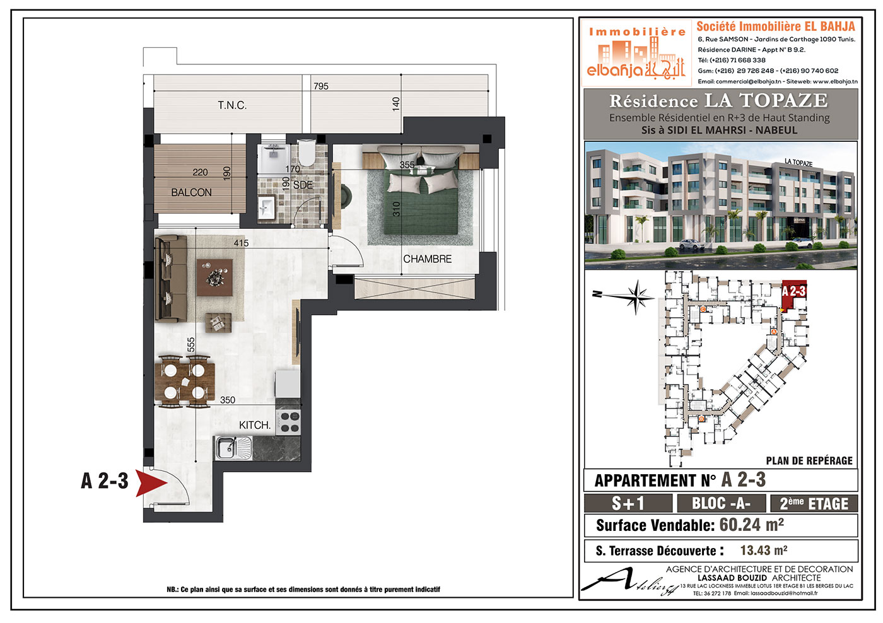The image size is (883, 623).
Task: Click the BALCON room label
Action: click(191, 192)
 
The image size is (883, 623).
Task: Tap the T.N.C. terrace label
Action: click(232, 105)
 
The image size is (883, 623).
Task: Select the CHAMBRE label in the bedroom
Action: click(428, 259)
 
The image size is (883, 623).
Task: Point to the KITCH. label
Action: click(255, 425)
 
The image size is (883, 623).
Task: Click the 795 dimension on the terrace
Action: click(321, 86)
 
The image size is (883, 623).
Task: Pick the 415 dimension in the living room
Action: click(241, 243)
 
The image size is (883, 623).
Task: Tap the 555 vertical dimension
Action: click(190, 344)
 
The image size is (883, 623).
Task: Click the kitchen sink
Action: click(233, 448)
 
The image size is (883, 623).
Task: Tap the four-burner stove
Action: click(288, 422)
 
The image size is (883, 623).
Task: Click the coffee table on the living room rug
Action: click(214, 277)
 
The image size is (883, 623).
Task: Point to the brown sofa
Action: click(171, 279)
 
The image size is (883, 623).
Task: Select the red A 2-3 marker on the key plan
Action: click(793, 296)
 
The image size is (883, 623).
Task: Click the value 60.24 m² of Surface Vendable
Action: click(751, 525)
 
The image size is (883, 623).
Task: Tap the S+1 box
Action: click(628, 503)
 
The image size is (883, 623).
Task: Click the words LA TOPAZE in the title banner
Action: click(766, 100)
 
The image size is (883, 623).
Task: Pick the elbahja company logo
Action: click(636, 53)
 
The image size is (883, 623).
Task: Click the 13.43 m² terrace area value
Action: click(764, 550)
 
